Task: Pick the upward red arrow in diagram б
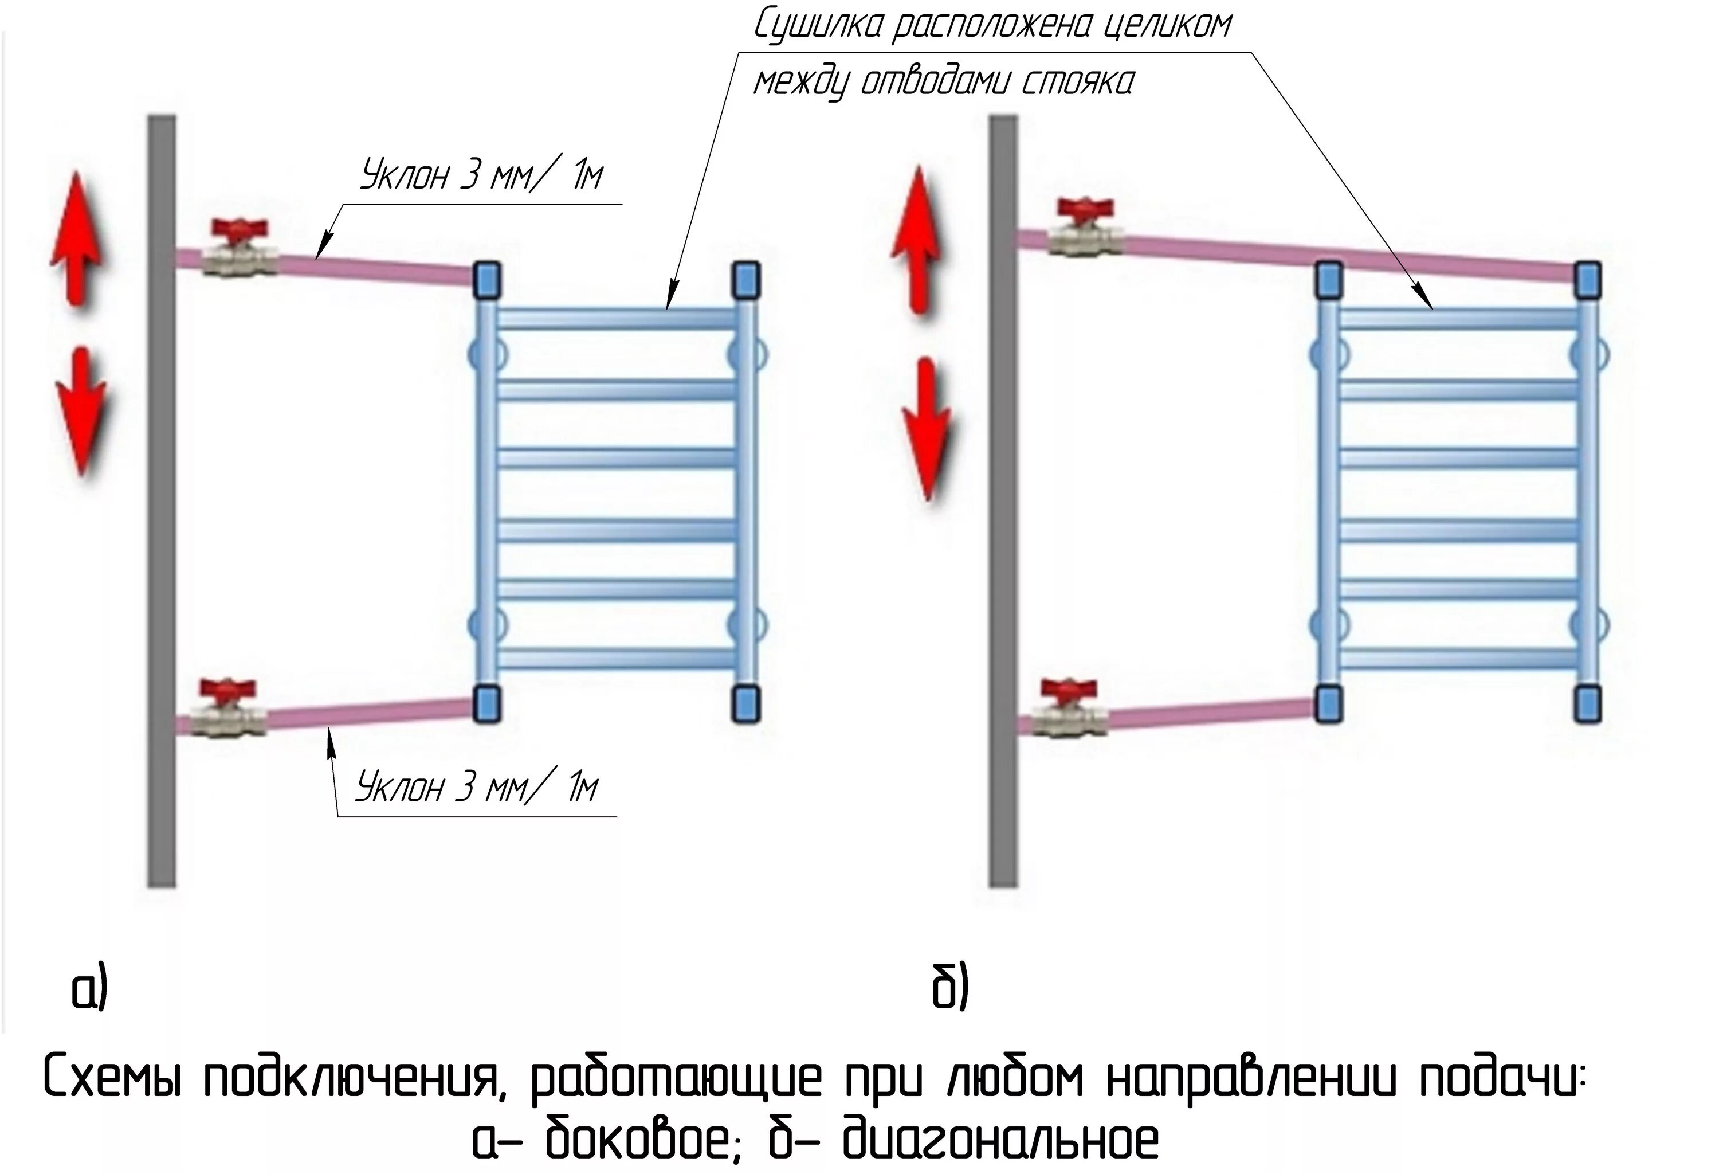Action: point(917,238)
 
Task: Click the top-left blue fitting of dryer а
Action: point(486,280)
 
